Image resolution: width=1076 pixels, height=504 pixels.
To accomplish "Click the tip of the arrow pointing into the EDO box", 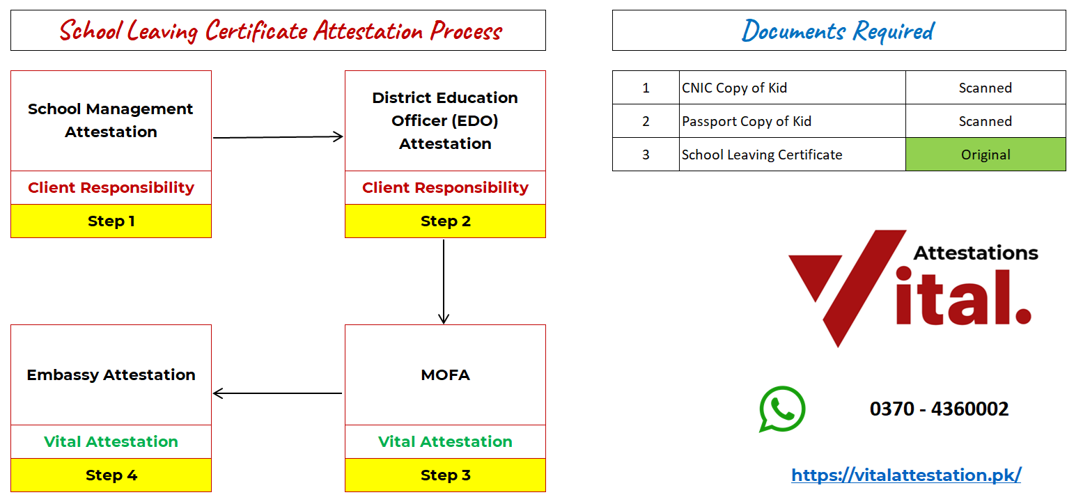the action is (x=343, y=137).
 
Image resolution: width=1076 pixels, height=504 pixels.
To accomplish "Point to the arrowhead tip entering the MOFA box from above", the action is (x=444, y=324).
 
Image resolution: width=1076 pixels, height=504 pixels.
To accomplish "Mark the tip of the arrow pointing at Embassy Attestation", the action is (x=213, y=393).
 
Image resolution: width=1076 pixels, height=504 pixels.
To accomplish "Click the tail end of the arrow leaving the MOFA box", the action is (x=342, y=393).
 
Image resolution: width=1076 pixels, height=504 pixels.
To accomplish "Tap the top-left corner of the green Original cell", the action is (x=906, y=139).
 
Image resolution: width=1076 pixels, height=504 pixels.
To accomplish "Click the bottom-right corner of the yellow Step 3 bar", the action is (x=545, y=491).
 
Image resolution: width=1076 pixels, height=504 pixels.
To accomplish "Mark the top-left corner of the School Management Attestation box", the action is (x=11, y=71).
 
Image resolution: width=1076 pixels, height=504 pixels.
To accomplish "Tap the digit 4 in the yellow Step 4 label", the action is (x=132, y=475).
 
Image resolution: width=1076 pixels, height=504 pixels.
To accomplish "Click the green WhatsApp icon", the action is (x=782, y=409).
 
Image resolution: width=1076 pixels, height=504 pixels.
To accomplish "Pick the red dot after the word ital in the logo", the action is (x=1023, y=316).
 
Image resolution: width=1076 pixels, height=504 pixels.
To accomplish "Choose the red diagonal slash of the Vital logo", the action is (x=865, y=288).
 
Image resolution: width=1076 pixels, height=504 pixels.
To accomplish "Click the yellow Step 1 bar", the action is (x=111, y=221).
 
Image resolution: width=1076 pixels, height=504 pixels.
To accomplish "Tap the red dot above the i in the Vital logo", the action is (x=903, y=274).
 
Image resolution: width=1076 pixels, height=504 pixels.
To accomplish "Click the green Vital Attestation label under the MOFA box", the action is (x=445, y=441).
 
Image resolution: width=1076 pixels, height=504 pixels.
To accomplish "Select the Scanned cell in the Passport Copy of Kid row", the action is (x=985, y=121).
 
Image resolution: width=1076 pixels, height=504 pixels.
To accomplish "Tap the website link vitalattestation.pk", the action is (x=906, y=475).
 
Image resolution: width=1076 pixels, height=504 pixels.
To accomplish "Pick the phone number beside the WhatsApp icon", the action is (x=939, y=409).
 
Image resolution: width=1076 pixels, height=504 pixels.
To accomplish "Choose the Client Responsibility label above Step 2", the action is (x=445, y=188).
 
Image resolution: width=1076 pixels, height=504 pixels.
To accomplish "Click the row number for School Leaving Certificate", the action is (x=646, y=155).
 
